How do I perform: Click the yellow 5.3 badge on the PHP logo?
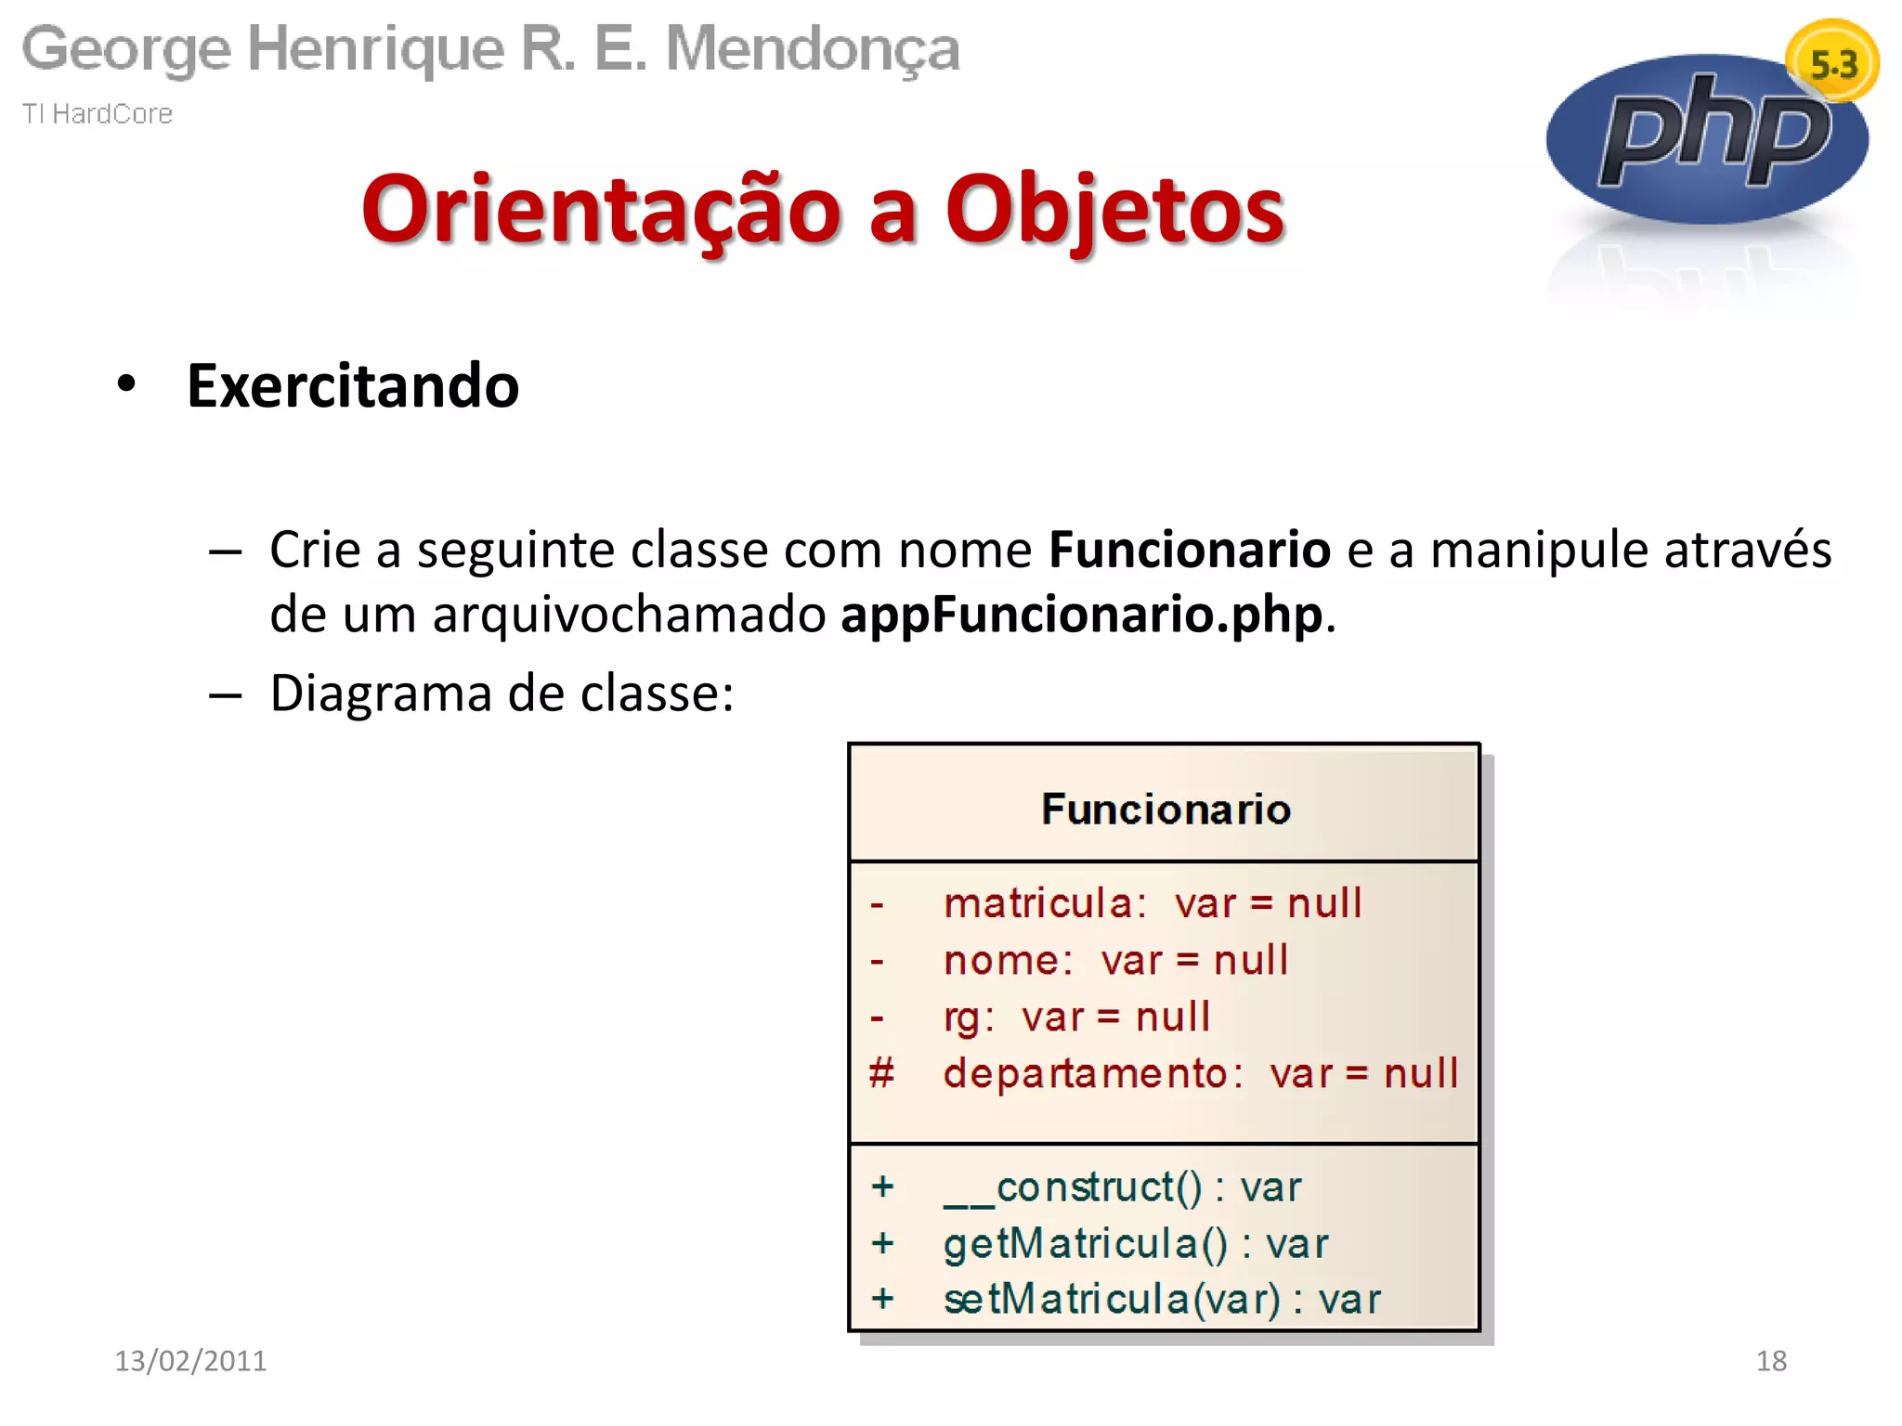pyautogui.click(x=1831, y=63)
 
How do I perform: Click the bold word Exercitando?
pyautogui.click(x=352, y=386)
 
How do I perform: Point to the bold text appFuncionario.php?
pyautogui.click(x=1081, y=615)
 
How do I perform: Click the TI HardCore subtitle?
pyautogui.click(x=98, y=113)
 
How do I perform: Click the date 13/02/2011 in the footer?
pyautogui.click(x=190, y=1360)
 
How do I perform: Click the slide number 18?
pyautogui.click(x=1770, y=1360)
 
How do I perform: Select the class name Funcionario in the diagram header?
pyautogui.click(x=1166, y=809)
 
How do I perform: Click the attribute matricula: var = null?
pyautogui.click(x=1152, y=903)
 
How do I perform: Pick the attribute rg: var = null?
pyautogui.click(x=1076, y=1017)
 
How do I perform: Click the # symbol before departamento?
pyautogui.click(x=880, y=1073)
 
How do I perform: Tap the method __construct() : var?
pyautogui.click(x=1122, y=1187)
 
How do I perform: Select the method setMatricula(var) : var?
pyautogui.click(x=1161, y=1299)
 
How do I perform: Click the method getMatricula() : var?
pyautogui.click(x=1135, y=1243)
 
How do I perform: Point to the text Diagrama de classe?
pyautogui.click(x=502, y=694)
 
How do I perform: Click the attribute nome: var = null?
pyautogui.click(x=1114, y=960)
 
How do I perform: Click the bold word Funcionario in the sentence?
pyautogui.click(x=1189, y=550)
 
